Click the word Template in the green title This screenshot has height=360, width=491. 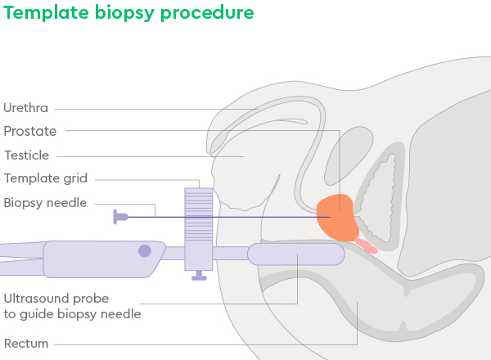pyautogui.click(x=46, y=13)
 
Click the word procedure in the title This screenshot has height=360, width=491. pyautogui.click(x=207, y=13)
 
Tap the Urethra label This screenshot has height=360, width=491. pyautogui.click(x=25, y=108)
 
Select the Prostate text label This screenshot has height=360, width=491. pyautogui.click(x=30, y=131)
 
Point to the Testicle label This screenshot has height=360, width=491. pyautogui.click(x=27, y=155)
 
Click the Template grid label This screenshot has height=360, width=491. pyautogui.click(x=46, y=178)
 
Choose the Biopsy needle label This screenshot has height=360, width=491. pyautogui.click(x=45, y=203)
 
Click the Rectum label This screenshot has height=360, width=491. pyautogui.click(x=26, y=344)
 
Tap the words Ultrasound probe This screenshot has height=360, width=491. pyautogui.click(x=56, y=299)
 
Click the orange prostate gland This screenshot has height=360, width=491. pyautogui.click(x=337, y=218)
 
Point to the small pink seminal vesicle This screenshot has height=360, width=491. pyautogui.click(x=366, y=245)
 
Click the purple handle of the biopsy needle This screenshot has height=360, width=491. pyautogui.click(x=120, y=217)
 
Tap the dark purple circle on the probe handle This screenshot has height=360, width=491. pyautogui.click(x=145, y=250)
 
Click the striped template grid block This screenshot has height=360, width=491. pyautogui.click(x=199, y=214)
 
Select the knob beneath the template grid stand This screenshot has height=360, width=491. pyautogui.click(x=199, y=276)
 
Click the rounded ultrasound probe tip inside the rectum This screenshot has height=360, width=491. pyautogui.click(x=296, y=254)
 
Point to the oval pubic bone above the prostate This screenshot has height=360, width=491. pyautogui.click(x=349, y=155)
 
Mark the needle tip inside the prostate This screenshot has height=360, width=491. pyautogui.click(x=330, y=217)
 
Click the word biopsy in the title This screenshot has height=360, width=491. pyautogui.click(x=124, y=13)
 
